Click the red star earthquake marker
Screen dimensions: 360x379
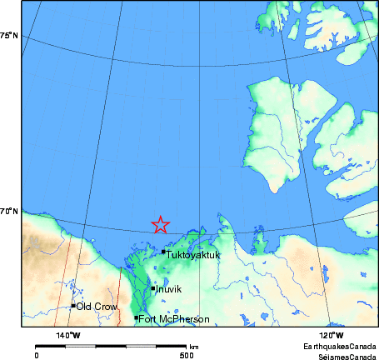[x=161, y=224]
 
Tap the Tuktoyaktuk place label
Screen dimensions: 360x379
[x=193, y=255]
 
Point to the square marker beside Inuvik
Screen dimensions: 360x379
[x=153, y=288]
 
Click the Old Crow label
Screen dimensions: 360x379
[x=97, y=307]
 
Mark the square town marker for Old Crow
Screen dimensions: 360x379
[x=73, y=306]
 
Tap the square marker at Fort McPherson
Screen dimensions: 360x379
[x=136, y=317]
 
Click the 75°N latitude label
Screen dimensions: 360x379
[x=9, y=36]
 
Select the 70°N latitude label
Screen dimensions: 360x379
[x=9, y=212]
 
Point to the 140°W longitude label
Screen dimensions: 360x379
[x=68, y=335]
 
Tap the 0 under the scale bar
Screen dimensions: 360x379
[x=37, y=354]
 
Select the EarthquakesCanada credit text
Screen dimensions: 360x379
[x=339, y=345]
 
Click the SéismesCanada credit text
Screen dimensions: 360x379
[x=342, y=354]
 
